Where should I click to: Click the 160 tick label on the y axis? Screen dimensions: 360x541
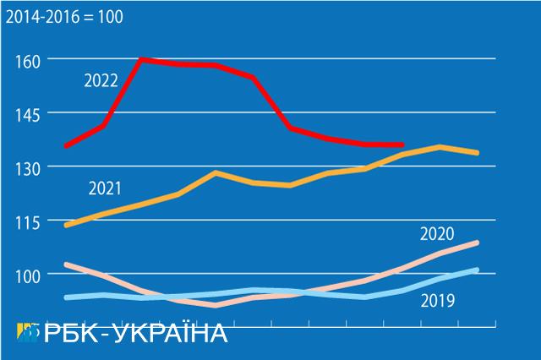[28, 59]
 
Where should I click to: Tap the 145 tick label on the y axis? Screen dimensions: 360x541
[28, 113]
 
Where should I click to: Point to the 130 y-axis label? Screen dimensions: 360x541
[28, 167]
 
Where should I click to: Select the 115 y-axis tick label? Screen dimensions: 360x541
[28, 221]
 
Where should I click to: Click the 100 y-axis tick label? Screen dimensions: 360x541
[28, 275]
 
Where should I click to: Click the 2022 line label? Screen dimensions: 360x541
[100, 80]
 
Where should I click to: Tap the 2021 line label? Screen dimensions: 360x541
[104, 187]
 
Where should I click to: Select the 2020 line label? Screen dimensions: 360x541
[438, 234]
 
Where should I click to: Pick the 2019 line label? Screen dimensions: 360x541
[438, 299]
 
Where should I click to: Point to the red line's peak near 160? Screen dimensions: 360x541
[140, 59]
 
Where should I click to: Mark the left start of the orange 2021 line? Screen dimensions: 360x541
[66, 226]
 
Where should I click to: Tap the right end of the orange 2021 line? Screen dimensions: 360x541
[478, 153]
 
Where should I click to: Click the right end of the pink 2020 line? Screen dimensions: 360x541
[478, 243]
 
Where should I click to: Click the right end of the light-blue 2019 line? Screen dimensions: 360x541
[478, 270]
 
